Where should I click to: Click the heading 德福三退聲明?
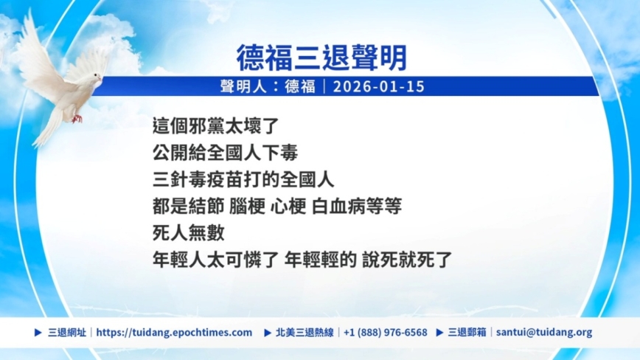321,58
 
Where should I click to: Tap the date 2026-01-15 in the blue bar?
379,86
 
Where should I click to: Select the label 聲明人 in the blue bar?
243,86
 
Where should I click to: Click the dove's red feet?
77,119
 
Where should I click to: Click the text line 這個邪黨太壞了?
215,125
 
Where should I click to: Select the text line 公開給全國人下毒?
225,153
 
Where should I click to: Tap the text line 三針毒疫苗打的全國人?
243,179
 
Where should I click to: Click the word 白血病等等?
357,206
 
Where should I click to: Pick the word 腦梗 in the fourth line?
246,206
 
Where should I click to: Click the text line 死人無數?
189,232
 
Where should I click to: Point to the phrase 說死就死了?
407,260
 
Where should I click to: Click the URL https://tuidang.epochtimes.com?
174,332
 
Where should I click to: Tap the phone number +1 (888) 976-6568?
386,332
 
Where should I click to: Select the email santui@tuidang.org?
544,332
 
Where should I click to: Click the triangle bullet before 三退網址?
38,332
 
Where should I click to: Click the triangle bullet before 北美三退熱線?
268,333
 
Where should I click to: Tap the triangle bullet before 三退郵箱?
439,332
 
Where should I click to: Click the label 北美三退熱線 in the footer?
305,332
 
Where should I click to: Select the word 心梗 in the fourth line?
288,206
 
